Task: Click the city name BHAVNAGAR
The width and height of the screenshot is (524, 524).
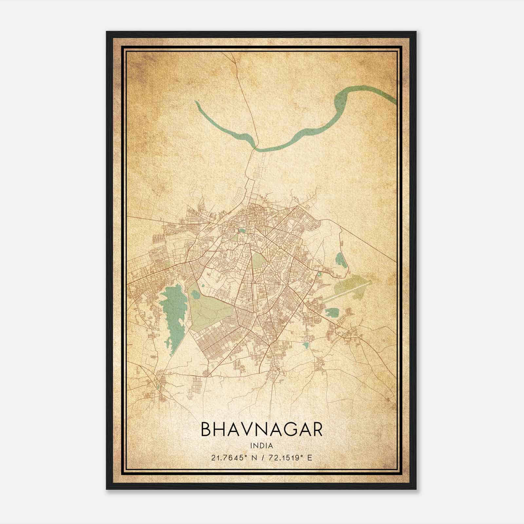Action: [x=262, y=429]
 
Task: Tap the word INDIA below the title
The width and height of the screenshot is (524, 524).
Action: [x=262, y=445]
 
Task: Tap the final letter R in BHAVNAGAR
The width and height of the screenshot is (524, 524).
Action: [x=317, y=429]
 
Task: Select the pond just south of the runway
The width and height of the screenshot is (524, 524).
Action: [x=332, y=312]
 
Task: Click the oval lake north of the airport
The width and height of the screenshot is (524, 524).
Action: [x=340, y=260]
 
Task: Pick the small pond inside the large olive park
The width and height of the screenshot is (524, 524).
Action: [x=195, y=295]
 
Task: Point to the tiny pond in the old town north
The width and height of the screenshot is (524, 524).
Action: [x=242, y=230]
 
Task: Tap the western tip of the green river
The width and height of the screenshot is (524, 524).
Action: [x=197, y=103]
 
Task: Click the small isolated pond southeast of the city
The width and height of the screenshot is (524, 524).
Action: [x=306, y=345]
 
